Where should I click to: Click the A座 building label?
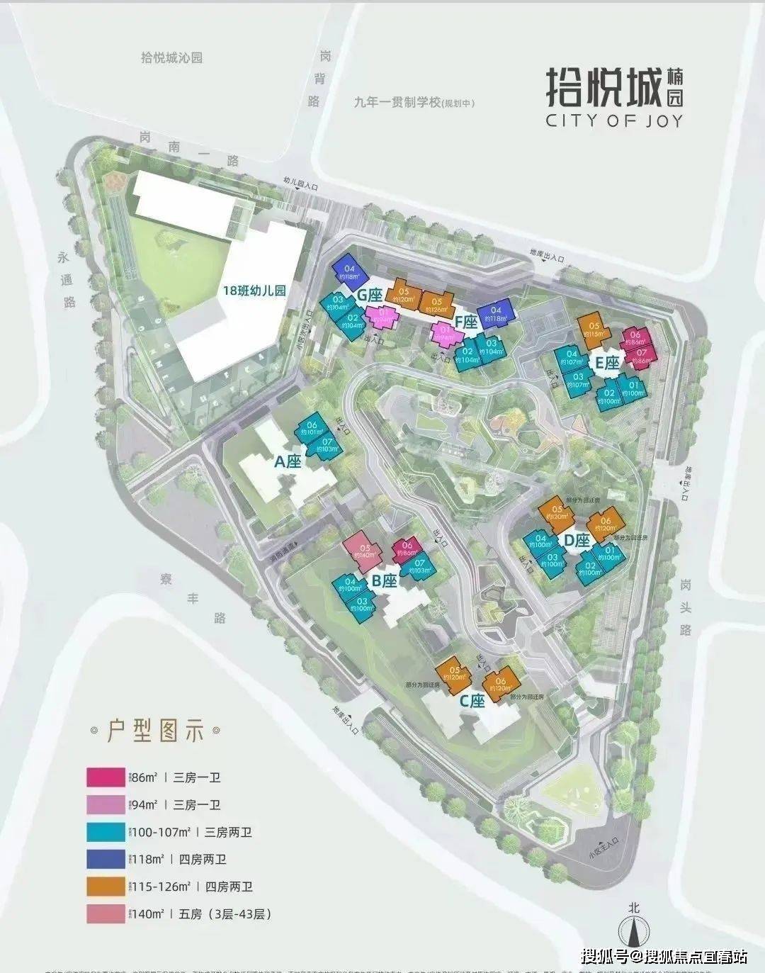click(x=288, y=462)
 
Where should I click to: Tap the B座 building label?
click(x=385, y=581)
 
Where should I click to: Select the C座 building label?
click(x=472, y=701)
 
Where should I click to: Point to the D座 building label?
click(x=577, y=540)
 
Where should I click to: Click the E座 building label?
click(x=606, y=364)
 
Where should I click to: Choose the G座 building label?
click(x=370, y=294)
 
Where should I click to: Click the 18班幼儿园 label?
click(x=254, y=290)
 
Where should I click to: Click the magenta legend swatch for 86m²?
click(x=106, y=777)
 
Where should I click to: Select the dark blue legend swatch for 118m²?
click(x=106, y=859)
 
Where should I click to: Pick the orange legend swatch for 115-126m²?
click(x=106, y=887)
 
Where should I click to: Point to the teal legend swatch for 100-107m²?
click(x=106, y=831)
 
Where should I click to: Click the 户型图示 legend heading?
click(x=154, y=730)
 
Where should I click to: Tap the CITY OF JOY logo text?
click(x=614, y=120)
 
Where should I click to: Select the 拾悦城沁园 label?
click(x=171, y=58)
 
